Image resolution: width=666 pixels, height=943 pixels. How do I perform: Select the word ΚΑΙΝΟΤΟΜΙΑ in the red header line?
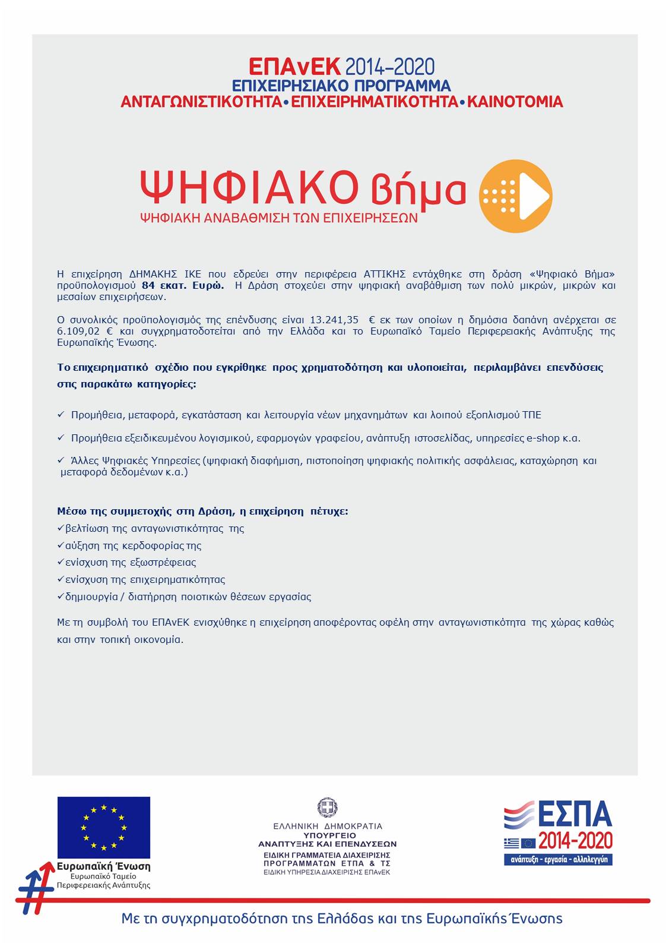coord(515,102)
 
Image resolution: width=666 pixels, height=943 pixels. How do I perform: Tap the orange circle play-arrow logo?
coord(515,195)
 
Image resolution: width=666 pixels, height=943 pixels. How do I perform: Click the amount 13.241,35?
coord(334,320)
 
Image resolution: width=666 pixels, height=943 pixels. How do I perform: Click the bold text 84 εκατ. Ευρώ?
coord(183,285)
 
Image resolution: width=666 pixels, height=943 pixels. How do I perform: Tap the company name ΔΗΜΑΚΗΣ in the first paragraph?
coord(153,274)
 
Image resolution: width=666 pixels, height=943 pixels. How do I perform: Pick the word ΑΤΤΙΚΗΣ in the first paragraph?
coord(384,274)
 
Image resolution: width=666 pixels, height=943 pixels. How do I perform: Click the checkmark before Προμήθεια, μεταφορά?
coord(61,414)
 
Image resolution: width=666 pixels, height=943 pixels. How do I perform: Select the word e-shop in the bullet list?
coord(543,438)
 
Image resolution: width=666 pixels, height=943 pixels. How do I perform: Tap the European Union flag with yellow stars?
coord(103,827)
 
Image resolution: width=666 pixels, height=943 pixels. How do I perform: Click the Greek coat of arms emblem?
coord(327,808)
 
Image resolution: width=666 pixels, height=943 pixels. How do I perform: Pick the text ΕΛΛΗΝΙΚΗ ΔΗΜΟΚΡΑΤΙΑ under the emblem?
coord(328,826)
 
